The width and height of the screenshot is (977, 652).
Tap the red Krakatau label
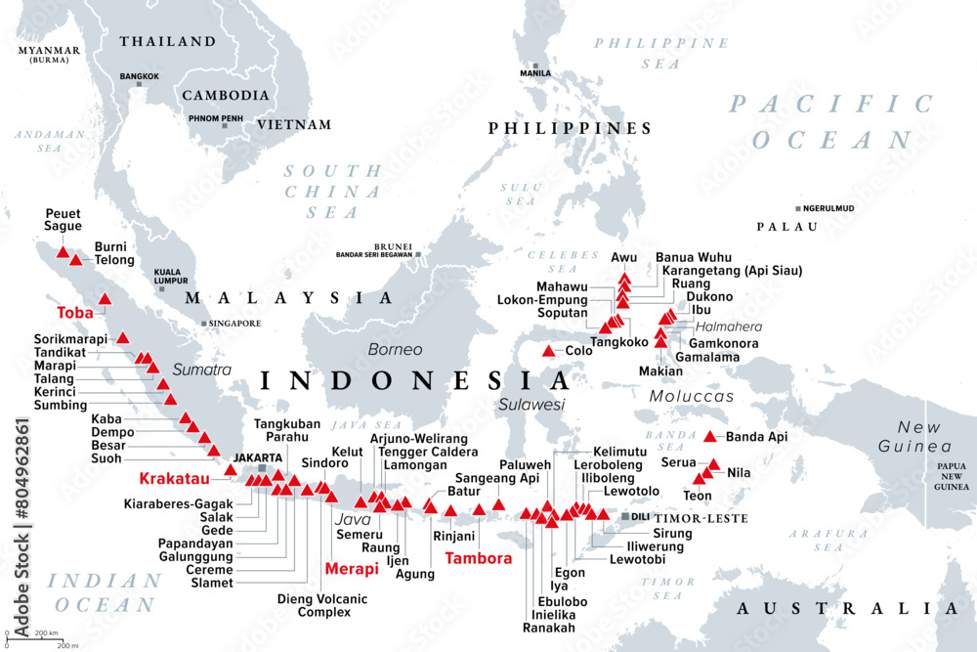[175, 479]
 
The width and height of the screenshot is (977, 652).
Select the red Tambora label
[478, 559]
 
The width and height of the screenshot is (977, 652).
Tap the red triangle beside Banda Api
[709, 437]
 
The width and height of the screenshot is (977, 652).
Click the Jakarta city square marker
[261, 469]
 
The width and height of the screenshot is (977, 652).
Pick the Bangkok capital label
[139, 75]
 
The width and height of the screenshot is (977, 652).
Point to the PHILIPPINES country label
[570, 128]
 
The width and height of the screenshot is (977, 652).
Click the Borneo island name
[395, 349]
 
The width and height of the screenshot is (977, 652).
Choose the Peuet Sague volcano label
[63, 219]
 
